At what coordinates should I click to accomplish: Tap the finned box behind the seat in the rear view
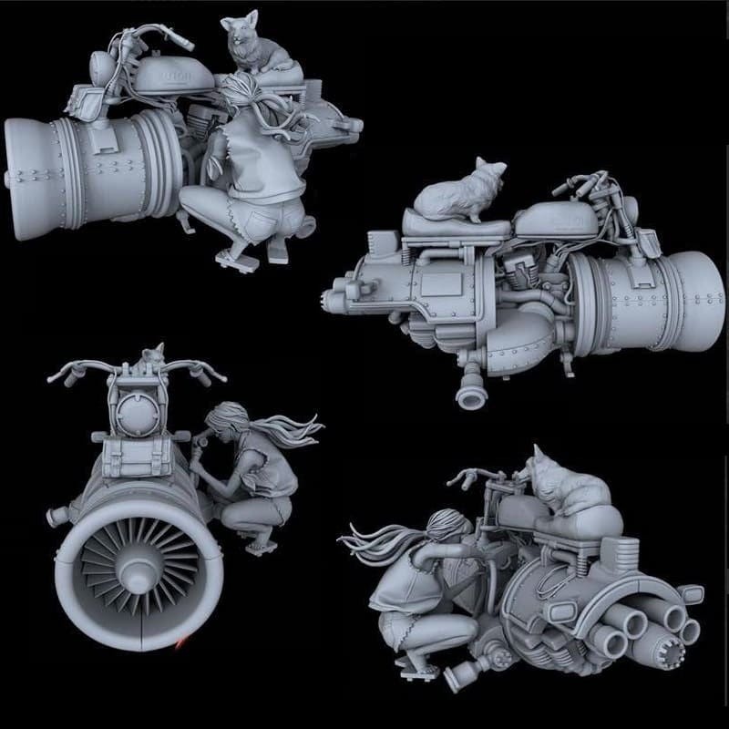point(621,550)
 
